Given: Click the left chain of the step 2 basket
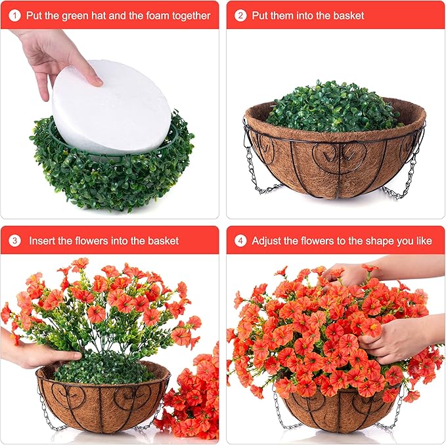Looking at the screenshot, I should (x=256, y=167).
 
